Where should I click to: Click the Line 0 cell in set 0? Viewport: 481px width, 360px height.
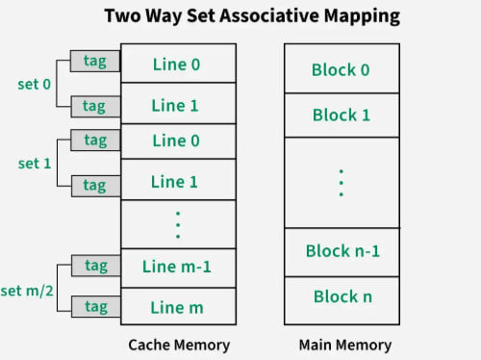click(x=177, y=64)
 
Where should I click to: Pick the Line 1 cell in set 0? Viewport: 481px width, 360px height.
click(x=177, y=104)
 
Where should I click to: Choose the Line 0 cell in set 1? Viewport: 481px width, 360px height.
click(x=177, y=141)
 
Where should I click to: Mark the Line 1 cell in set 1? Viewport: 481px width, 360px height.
click(x=177, y=181)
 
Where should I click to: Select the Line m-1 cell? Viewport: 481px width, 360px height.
click(x=177, y=267)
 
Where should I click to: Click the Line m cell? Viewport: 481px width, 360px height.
click(x=177, y=306)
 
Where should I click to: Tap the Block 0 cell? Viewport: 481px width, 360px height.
click(x=341, y=70)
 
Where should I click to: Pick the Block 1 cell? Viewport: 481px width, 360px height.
click(x=341, y=115)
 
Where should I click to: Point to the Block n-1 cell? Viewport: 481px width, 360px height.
click(x=341, y=251)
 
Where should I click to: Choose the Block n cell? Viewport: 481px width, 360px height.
click(x=341, y=296)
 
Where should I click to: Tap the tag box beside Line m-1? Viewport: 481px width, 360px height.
click(x=95, y=266)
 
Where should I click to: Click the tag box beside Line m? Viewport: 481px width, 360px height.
click(x=95, y=306)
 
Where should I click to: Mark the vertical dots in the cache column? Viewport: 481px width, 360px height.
click(x=177, y=224)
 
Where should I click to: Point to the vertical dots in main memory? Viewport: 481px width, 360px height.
click(x=341, y=182)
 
